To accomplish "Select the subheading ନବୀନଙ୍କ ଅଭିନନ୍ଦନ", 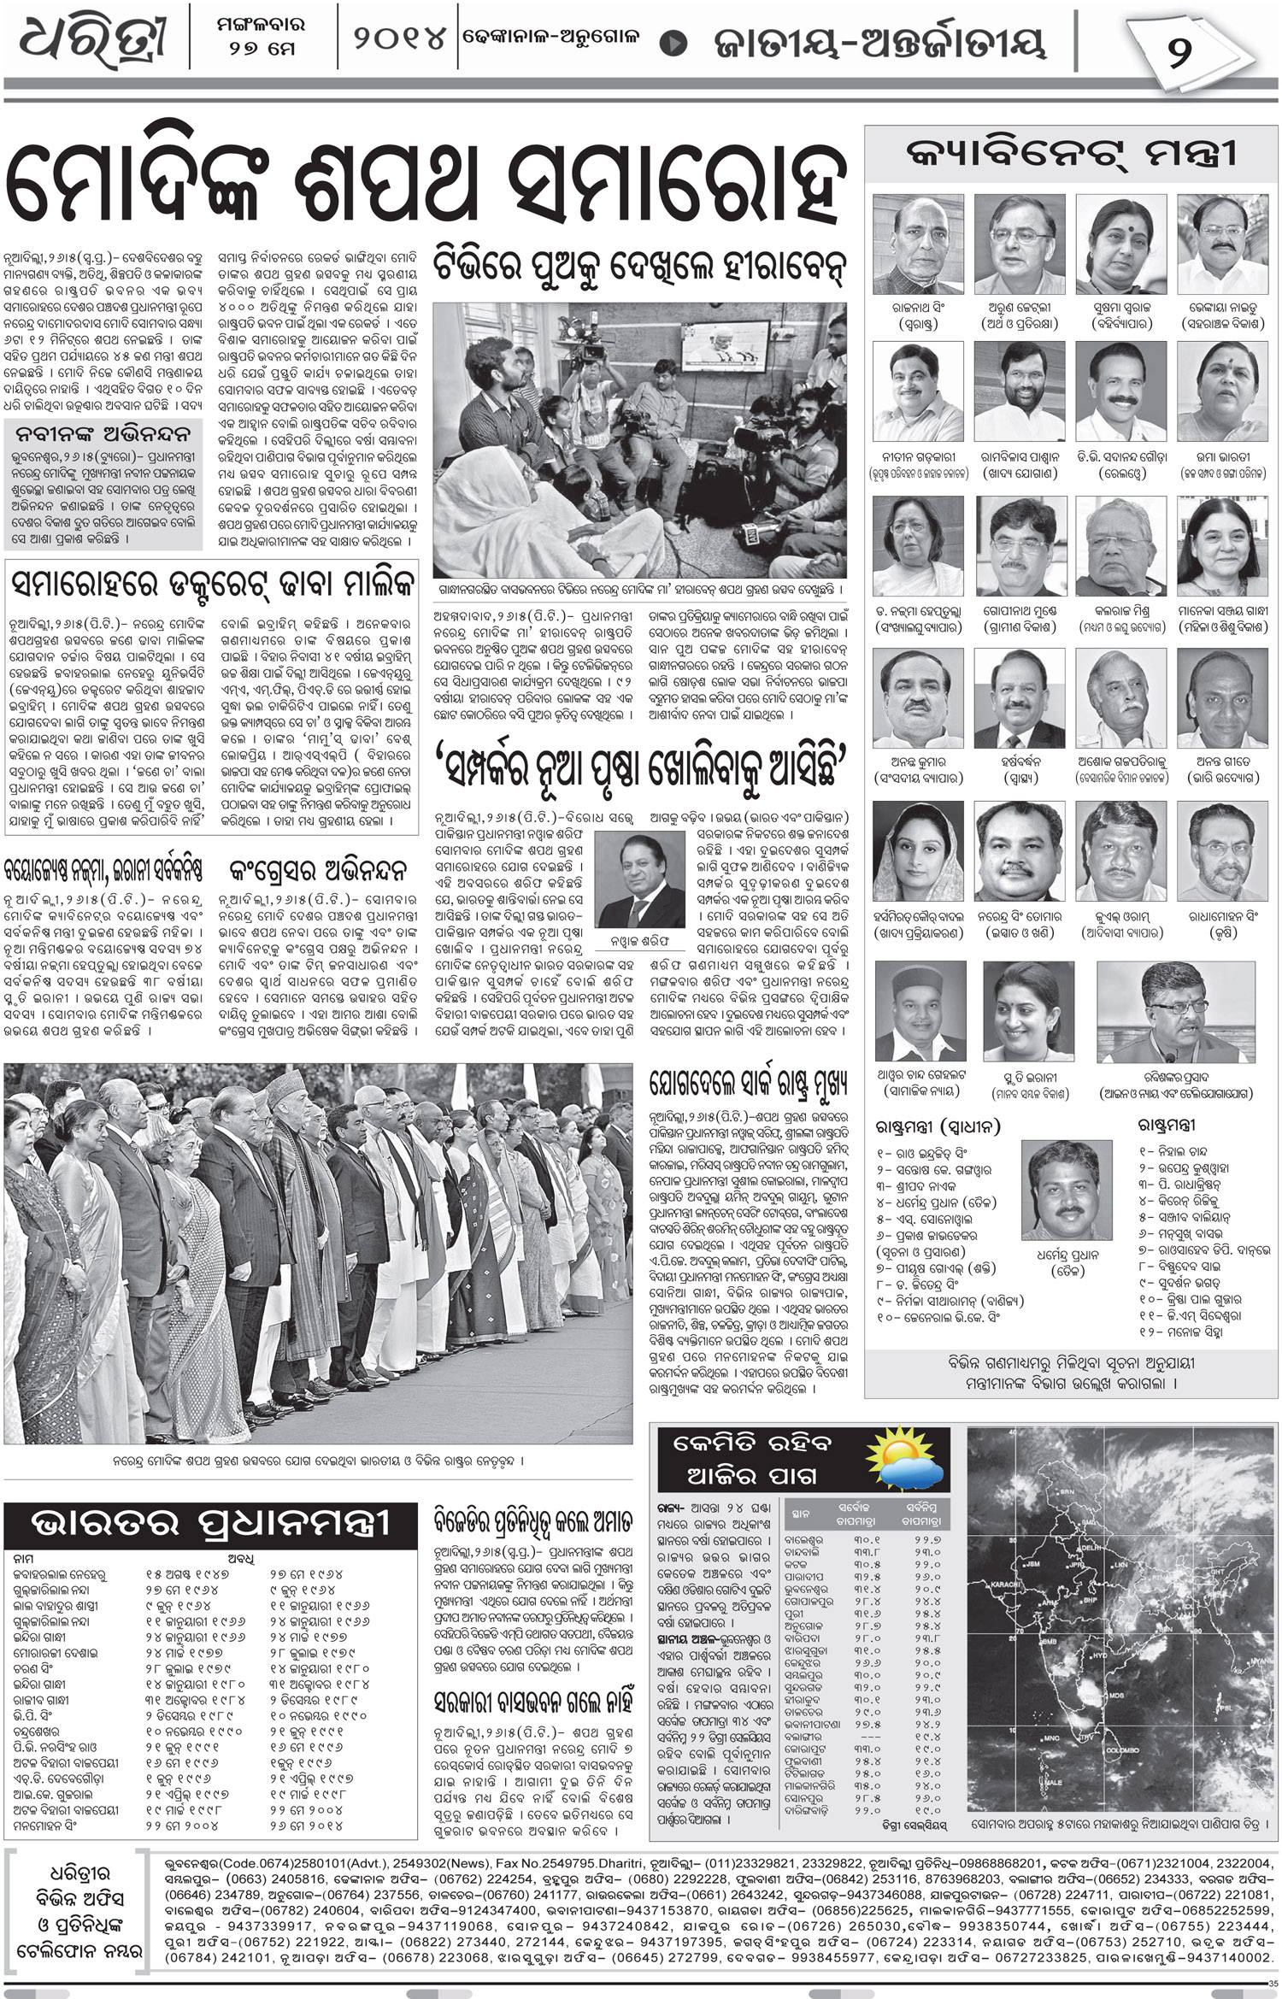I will tap(104, 430).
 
